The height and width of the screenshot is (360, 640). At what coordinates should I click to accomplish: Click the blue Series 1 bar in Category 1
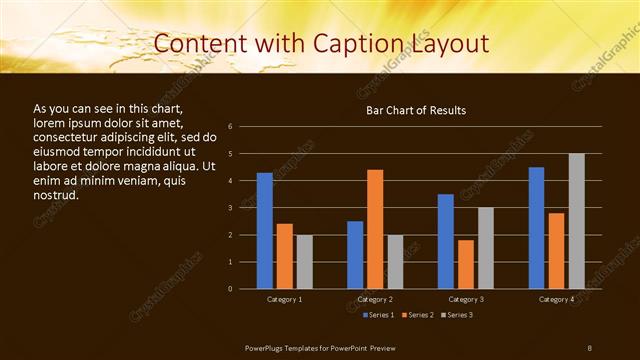[x=265, y=231]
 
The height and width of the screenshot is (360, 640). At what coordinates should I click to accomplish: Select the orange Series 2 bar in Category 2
[x=375, y=229]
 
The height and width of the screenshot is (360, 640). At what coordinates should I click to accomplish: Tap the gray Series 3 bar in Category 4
[x=576, y=221]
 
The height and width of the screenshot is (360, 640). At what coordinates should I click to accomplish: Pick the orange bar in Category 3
[x=466, y=264]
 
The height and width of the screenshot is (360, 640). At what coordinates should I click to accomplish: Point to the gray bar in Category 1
[x=304, y=262]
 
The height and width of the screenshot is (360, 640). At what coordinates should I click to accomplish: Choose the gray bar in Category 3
[x=486, y=248]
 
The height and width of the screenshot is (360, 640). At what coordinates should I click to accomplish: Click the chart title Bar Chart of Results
[x=416, y=110]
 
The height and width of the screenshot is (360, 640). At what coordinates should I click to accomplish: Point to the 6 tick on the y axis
[x=230, y=127]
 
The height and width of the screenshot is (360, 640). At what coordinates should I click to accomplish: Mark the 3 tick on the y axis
[x=230, y=208]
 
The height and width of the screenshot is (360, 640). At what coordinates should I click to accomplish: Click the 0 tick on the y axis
[x=230, y=289]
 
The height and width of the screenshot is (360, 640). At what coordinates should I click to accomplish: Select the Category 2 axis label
[x=375, y=299]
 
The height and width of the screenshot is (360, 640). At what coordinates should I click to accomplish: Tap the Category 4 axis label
[x=556, y=299]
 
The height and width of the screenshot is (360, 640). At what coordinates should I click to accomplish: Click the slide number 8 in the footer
[x=590, y=346]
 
